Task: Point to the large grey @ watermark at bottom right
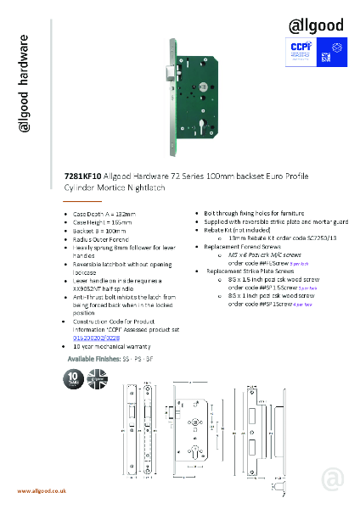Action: [332, 479]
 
